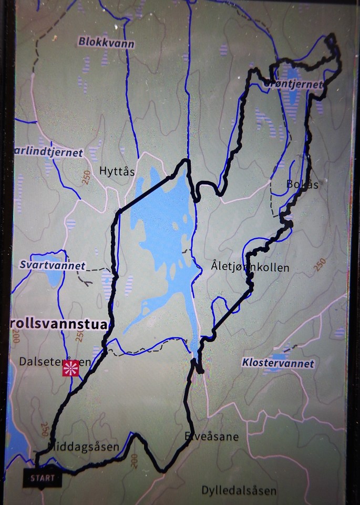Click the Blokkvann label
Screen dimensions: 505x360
106,43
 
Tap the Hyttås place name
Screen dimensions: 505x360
117,171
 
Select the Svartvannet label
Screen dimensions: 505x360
52,265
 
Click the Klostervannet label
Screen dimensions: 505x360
278,363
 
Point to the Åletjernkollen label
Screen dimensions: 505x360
251,267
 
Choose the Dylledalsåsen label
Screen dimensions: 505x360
239,491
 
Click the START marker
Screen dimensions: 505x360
42,478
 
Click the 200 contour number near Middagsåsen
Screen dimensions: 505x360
133,461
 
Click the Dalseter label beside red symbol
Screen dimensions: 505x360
37,362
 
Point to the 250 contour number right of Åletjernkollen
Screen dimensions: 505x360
320,264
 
